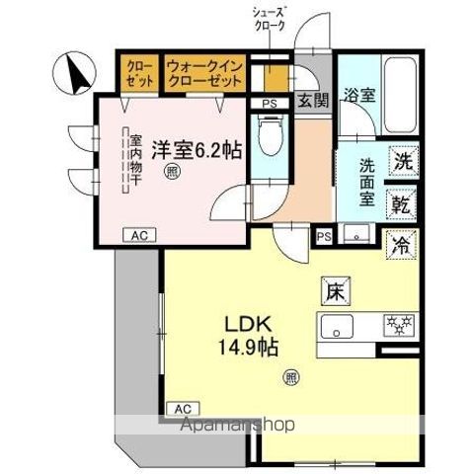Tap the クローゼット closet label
(x=138, y=71)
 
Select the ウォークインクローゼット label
(x=204, y=71)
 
